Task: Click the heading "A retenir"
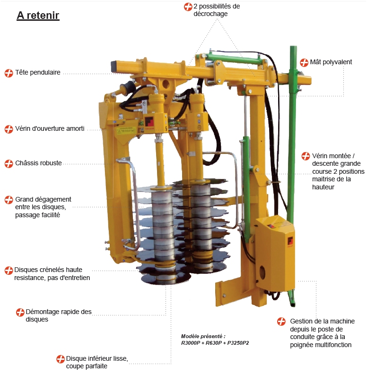[x=38, y=15]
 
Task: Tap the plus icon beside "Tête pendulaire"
[x=9, y=73]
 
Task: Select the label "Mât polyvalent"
[x=331, y=62]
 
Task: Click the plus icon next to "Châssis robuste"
[x=9, y=164]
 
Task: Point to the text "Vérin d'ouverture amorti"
[x=50, y=128]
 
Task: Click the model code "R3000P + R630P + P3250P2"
[x=215, y=343]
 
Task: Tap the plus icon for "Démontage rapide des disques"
[x=20, y=312]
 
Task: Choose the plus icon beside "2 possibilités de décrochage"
[x=188, y=7]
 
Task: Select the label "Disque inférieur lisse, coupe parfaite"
[x=97, y=362]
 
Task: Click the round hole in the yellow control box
[x=262, y=272]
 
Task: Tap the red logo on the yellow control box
[x=290, y=241]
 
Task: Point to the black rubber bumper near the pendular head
[x=128, y=87]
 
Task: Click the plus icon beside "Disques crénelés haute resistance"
[x=9, y=271]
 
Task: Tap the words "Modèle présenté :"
[x=203, y=336]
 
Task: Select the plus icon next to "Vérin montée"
[x=306, y=156]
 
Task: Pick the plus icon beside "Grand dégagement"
[x=9, y=200]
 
